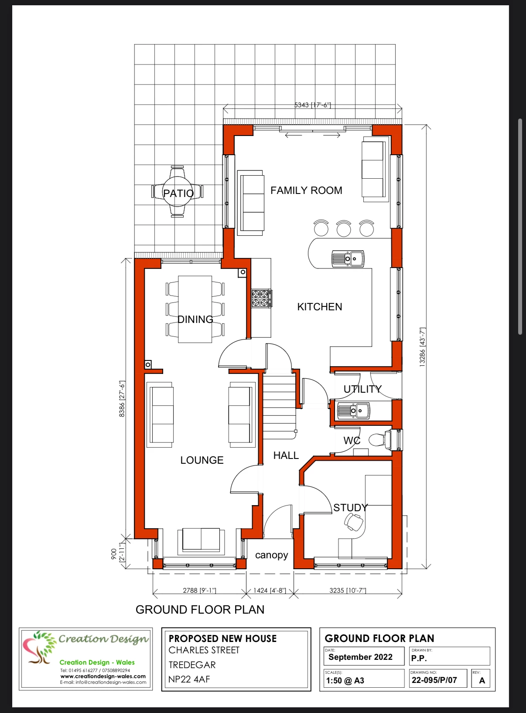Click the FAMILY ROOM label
(306, 190)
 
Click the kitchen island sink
(348, 258)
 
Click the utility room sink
(353, 411)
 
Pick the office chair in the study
(354, 523)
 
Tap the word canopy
(271, 555)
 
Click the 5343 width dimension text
(313, 105)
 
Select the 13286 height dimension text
(422, 347)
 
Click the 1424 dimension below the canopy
(270, 591)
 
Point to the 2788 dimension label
(199, 591)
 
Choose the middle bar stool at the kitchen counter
(344, 228)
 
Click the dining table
(195, 309)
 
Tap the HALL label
(286, 455)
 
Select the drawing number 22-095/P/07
(434, 680)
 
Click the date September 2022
(360, 657)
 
